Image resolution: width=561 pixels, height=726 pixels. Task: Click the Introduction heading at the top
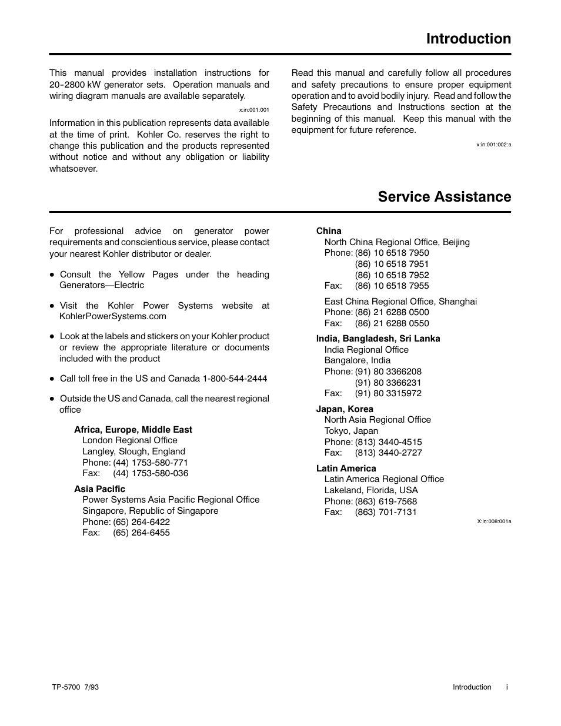click(x=469, y=39)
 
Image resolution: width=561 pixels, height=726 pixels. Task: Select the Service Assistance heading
click(x=445, y=197)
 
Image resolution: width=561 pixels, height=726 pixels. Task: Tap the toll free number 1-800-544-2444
click(x=235, y=379)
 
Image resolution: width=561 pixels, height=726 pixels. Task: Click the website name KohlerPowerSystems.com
click(x=113, y=316)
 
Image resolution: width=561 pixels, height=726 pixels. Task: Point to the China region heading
click(x=329, y=231)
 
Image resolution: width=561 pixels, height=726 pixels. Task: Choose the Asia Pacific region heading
click(x=99, y=489)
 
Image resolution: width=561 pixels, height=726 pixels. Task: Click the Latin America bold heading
click(x=346, y=469)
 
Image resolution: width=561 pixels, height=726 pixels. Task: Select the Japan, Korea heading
click(x=345, y=409)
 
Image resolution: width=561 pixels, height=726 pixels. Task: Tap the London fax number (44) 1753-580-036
click(x=151, y=473)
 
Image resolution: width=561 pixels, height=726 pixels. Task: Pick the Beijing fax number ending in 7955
click(x=392, y=286)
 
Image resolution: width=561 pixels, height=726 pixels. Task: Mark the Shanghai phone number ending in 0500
click(x=392, y=312)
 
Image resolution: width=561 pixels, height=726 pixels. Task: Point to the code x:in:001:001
click(x=254, y=110)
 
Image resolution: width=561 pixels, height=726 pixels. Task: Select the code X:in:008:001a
click(x=494, y=521)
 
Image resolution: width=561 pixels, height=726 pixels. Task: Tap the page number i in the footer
click(x=507, y=687)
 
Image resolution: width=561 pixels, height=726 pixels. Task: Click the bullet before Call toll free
click(x=52, y=379)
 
